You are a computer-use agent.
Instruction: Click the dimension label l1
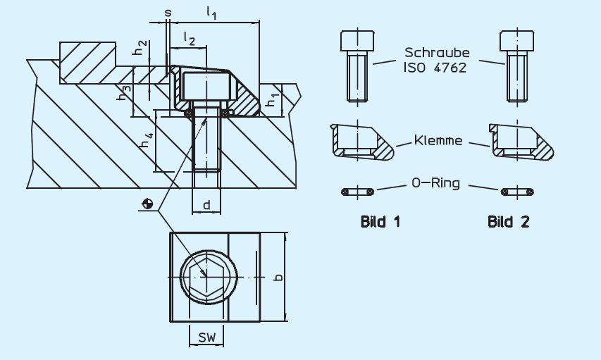click(211, 13)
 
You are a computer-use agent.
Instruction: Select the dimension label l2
click(190, 39)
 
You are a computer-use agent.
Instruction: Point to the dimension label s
click(168, 13)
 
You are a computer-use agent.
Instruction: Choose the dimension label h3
click(124, 93)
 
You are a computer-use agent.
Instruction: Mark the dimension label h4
click(147, 140)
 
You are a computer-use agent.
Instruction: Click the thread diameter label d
click(206, 205)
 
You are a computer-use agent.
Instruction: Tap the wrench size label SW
click(207, 337)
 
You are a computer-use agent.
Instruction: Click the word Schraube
click(437, 52)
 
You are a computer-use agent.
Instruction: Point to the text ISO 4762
click(435, 68)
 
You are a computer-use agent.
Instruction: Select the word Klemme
click(438, 140)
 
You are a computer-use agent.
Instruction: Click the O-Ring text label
click(435, 182)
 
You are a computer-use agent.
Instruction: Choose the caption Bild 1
click(380, 222)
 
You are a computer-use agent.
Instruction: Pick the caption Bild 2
click(508, 222)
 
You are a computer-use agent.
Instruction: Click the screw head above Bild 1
click(357, 41)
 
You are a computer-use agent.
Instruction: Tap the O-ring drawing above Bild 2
click(517, 192)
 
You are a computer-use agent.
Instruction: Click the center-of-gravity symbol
click(147, 204)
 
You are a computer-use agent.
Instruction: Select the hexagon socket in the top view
click(206, 277)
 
